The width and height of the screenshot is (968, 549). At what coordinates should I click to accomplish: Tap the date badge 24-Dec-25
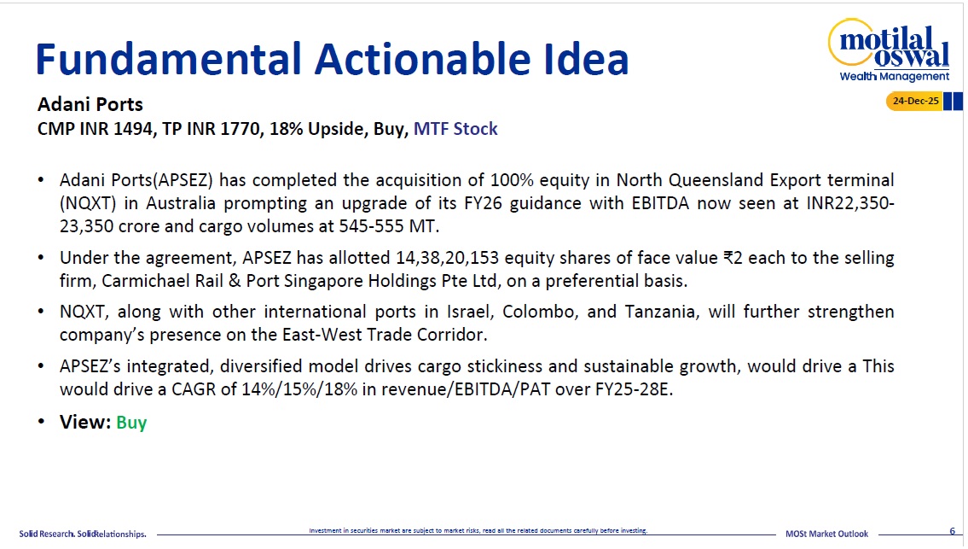click(915, 101)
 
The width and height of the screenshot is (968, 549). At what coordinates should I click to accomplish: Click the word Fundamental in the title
click(168, 59)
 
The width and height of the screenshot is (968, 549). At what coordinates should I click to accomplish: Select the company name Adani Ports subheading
click(90, 104)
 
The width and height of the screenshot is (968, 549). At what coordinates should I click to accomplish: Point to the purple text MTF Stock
click(455, 129)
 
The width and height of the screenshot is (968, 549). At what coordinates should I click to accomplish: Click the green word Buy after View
click(131, 423)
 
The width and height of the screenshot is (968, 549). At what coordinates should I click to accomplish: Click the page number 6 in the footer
click(952, 531)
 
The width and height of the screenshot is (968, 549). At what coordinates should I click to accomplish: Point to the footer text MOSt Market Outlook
click(826, 534)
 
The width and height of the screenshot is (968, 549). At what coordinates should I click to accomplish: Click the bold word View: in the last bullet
click(85, 423)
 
